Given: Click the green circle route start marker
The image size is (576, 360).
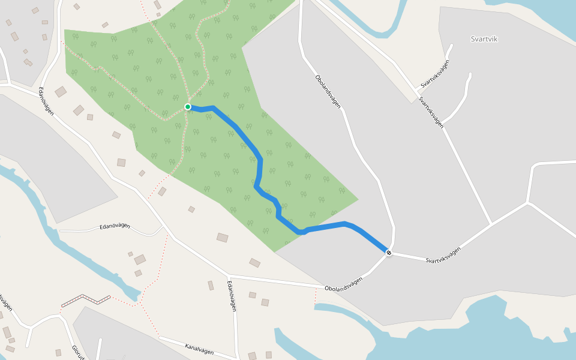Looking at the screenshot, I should click(x=188, y=107).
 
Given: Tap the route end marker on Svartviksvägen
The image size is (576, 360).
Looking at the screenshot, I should click(x=389, y=253).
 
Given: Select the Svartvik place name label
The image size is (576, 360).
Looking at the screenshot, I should click(x=484, y=39).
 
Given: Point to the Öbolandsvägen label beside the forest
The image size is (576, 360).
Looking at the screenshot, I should click(x=328, y=91).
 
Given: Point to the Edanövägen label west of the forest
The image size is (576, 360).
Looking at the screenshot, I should click(x=46, y=101).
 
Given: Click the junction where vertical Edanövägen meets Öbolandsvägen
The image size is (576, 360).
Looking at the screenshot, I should click(x=228, y=275).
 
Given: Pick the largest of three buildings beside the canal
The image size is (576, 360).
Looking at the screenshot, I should click(x=140, y=259).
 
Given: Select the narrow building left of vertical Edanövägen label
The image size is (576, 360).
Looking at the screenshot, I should click(x=211, y=286).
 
